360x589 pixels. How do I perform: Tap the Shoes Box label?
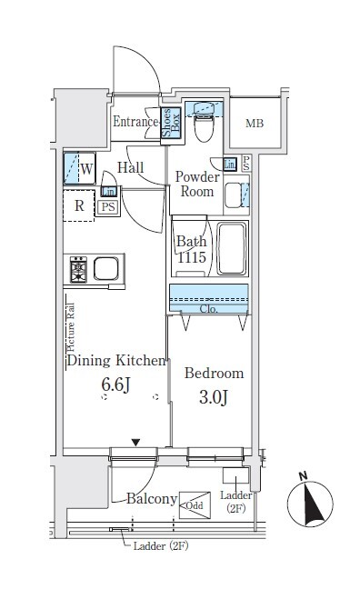coord(171,123)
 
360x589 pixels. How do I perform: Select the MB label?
coord(255,124)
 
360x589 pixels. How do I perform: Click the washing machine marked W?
coord(79,168)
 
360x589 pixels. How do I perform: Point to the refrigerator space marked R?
coord(78,205)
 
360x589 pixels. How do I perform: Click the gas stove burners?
coord(78,270)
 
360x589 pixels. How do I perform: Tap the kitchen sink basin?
coord(106,269)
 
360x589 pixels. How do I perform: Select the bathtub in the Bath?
coord(232,249)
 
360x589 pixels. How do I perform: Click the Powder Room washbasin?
coord(233,195)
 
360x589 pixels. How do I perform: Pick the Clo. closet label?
coord(208,309)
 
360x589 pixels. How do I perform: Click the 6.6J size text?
coord(115,384)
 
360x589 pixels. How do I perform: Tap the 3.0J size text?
coord(214,397)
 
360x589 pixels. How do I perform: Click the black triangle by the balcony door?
coord(135,443)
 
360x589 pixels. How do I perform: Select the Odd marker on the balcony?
coord(195,505)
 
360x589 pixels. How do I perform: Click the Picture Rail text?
coord(70,327)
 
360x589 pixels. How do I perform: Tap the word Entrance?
coord(135,122)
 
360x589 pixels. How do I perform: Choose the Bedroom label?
coord(214,373)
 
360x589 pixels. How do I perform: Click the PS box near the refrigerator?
coord(108,207)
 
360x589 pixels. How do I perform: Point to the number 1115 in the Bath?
coord(192,257)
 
